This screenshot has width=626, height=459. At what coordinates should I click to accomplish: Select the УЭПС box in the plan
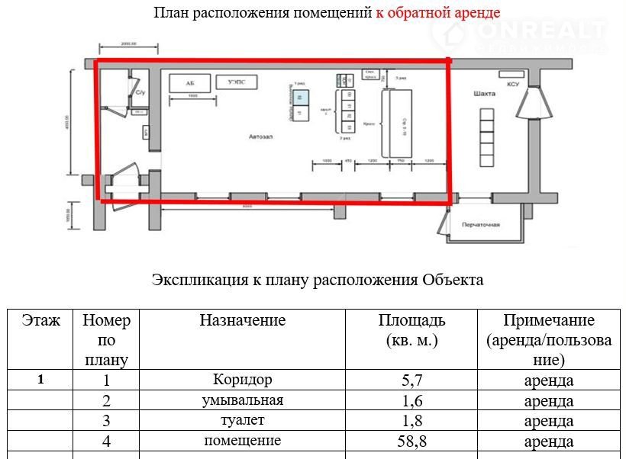pos(237,82)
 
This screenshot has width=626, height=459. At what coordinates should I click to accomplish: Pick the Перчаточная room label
pos(480,226)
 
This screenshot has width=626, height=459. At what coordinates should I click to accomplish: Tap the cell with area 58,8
pos(411,441)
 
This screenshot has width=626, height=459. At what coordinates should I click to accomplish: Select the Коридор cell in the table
pos(242,379)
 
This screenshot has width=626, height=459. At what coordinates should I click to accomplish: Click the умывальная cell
pos(242,400)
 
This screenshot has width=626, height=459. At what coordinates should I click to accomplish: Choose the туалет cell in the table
pos(242,420)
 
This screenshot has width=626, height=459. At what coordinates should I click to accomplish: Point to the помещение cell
pos(242,441)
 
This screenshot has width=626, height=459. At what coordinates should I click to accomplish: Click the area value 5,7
pos(411,380)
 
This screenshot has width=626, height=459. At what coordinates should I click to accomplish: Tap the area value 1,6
pos(411,400)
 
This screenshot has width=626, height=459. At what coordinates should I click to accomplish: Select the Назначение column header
pos(242,320)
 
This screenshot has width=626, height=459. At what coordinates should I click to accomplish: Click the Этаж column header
pos(40,320)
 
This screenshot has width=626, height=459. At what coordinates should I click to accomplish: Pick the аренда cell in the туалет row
pos(548,421)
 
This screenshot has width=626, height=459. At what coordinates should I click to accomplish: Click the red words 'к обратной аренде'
pos(437,13)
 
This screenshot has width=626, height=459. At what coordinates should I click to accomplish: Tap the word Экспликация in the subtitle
pos(200,280)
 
